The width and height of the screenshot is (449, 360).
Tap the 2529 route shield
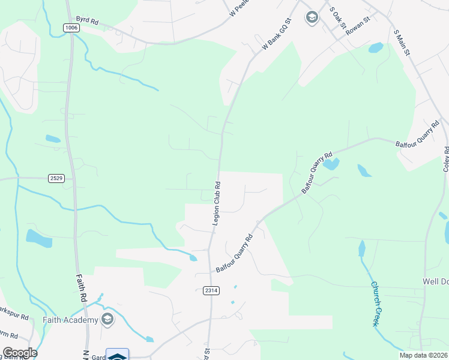click(56, 178)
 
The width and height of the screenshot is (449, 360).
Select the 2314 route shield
click(211, 290)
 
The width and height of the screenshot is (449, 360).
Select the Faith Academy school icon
click(107, 319)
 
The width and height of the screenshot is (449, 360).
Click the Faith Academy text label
click(70, 320)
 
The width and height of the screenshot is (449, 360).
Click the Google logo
click(20, 353)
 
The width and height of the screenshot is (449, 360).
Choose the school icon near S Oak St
click(312, 17)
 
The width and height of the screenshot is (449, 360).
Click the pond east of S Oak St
click(375, 47)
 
